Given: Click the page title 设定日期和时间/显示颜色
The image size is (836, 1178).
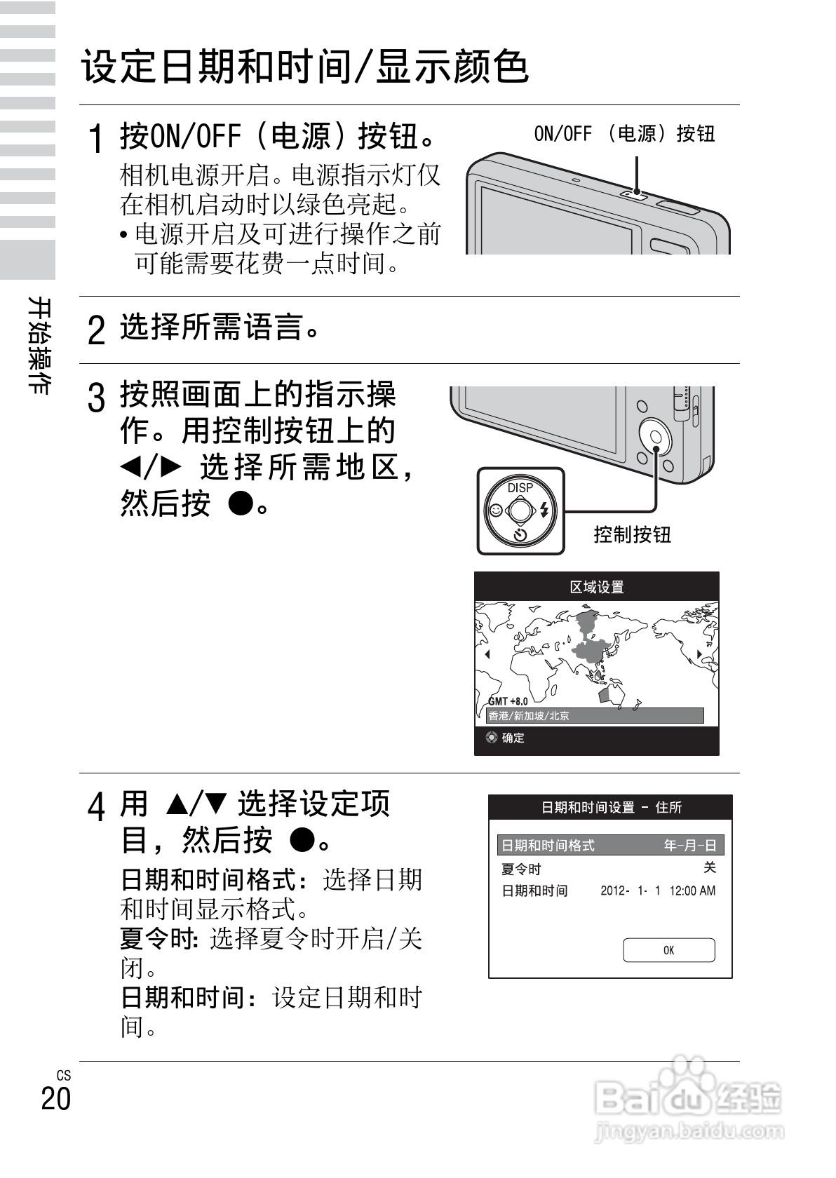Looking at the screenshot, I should tap(305, 67).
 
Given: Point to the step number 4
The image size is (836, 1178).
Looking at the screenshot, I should tap(97, 807).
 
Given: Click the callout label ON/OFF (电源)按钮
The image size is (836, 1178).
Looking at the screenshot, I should tap(624, 134).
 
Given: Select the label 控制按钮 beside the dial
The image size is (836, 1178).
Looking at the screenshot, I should tap(632, 535).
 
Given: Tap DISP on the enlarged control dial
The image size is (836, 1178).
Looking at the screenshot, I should tap(520, 487).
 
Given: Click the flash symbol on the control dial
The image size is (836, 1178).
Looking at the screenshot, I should tap(544, 511).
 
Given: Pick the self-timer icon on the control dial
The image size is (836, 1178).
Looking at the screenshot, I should tap(520, 535).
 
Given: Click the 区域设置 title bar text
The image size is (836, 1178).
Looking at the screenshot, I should tap(596, 587).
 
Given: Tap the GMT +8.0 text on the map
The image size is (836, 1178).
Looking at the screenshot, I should tap(508, 701).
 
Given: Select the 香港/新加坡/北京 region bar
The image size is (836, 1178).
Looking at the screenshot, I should tap(595, 716).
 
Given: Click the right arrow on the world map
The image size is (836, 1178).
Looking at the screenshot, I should tap(699, 654).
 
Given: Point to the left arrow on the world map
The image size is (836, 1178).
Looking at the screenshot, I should tap(487, 654).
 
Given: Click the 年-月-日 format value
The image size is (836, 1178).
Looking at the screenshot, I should tap(690, 846).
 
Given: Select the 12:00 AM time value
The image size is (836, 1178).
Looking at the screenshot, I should tap(692, 891).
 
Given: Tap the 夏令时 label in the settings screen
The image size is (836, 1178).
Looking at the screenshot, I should tap(521, 869).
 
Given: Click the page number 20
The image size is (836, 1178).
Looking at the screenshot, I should tap(56, 1098).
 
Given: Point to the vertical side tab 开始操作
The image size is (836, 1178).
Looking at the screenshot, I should tap(39, 345).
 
